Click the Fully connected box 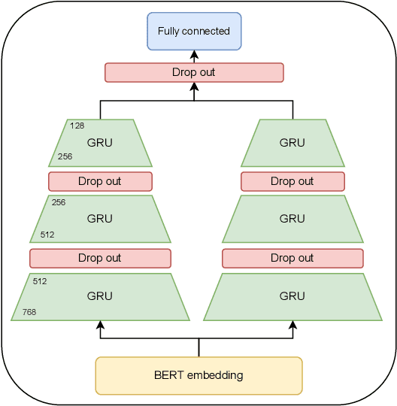coord(194,31)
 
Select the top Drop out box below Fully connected coord(194,72)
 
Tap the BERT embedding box coord(198,375)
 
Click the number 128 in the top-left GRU coord(77,126)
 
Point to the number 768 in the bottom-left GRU coord(29,312)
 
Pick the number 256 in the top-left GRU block coord(65,158)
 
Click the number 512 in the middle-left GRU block coord(47,235)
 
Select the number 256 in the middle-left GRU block coord(59,202)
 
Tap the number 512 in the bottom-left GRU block coord(40,280)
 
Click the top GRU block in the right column coord(292,142)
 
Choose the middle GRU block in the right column coord(292,219)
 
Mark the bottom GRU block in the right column coord(292,296)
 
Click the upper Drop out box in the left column coord(100,181)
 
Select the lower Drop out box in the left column coord(100,258)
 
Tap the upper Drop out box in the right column coord(292,181)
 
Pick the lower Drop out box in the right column coord(292,258)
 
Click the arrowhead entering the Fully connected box coord(194,54)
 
